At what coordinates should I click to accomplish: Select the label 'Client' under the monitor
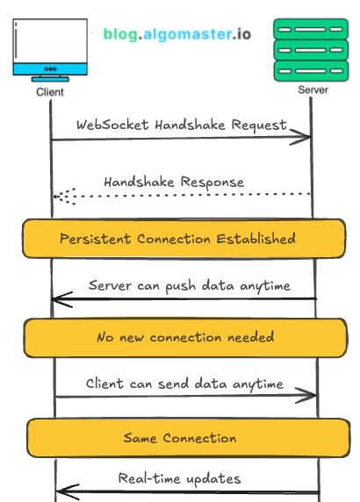50,91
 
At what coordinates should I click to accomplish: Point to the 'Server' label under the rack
313,90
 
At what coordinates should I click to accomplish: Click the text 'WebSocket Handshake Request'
181,125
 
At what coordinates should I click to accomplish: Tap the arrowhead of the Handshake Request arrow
309,137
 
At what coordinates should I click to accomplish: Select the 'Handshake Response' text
174,182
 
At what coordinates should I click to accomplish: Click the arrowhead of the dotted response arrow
57,196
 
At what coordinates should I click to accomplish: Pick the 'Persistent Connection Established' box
178,239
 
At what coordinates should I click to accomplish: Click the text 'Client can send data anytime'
184,384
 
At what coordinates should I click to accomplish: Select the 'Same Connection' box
179,437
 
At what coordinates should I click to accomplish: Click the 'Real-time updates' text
179,478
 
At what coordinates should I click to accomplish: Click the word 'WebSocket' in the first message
112,125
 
